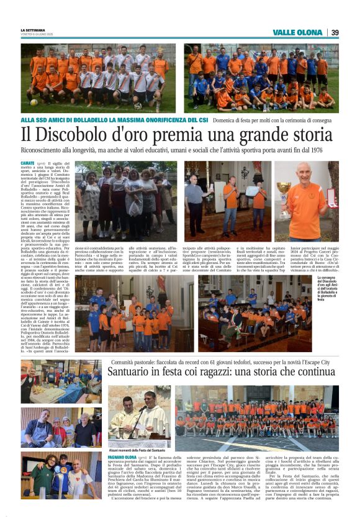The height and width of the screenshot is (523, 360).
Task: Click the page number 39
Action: click(335, 32)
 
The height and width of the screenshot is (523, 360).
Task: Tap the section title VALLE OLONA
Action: click(297, 32)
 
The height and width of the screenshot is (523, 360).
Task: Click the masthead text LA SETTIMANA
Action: click(32, 30)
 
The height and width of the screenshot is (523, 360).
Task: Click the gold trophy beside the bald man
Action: click(284, 189)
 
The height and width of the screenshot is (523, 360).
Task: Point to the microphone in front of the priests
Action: click(145, 409)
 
